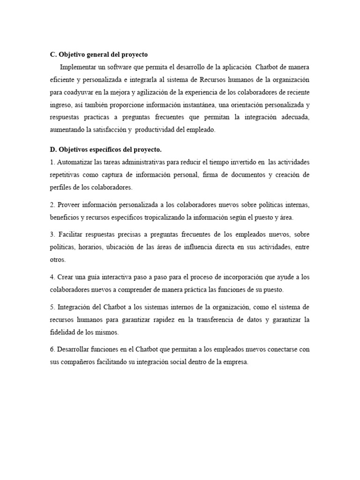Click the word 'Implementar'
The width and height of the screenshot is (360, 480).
point(79,67)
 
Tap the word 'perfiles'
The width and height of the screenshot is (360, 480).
point(60,187)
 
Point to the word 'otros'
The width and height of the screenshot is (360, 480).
point(58,259)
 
